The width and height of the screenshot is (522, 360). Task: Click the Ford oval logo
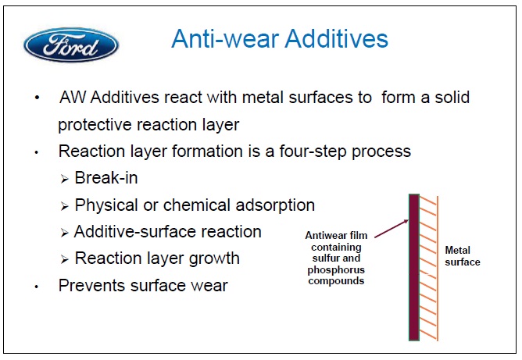(71, 45)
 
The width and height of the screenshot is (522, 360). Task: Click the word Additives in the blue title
(336, 39)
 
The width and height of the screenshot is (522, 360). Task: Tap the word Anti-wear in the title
(225, 39)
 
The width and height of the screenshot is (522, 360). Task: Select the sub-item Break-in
(106, 178)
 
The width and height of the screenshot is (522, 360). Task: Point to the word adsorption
(275, 205)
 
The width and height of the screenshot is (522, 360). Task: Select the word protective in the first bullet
(95, 125)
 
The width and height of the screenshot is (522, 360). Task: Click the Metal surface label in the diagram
(463, 256)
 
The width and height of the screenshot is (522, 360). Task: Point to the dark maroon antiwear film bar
(414, 267)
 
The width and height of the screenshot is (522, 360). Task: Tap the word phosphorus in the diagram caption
(336, 270)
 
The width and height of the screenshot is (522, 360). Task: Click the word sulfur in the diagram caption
(325, 258)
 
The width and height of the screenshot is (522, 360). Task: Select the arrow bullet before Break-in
(65, 180)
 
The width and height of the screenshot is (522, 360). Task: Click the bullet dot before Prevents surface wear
(37, 287)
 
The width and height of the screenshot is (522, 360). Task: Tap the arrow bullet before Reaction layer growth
(65, 259)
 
